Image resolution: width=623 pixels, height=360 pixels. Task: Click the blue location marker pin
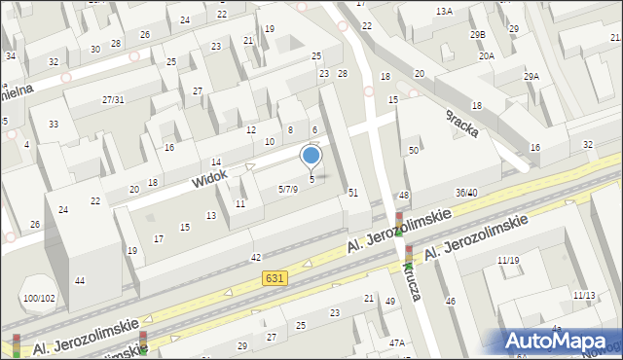[x=311, y=156]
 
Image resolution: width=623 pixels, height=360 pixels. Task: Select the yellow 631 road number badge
[x=275, y=279]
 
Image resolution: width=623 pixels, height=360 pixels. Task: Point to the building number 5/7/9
[x=287, y=189]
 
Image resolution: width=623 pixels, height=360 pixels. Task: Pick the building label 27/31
[x=113, y=100]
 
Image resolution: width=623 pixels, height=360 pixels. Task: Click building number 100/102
[x=39, y=298]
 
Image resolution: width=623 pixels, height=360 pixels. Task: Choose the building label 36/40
[x=465, y=193]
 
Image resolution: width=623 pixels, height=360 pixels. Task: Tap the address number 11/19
[x=507, y=260]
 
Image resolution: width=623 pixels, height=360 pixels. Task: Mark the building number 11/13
[x=584, y=295]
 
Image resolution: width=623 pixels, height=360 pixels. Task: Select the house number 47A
[x=396, y=342]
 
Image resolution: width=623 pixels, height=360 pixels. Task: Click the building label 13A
[x=444, y=11]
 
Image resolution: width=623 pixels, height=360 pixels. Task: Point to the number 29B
[x=477, y=34]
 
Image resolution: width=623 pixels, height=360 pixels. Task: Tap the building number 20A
[x=486, y=56]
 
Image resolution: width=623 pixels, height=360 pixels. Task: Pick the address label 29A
[x=531, y=76]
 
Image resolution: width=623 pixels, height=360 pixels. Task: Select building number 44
[x=80, y=280]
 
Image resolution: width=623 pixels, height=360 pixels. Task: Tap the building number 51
[x=353, y=193]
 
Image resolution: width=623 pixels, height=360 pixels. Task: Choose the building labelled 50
[x=414, y=150]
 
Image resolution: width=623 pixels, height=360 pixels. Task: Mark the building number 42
[x=256, y=257]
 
